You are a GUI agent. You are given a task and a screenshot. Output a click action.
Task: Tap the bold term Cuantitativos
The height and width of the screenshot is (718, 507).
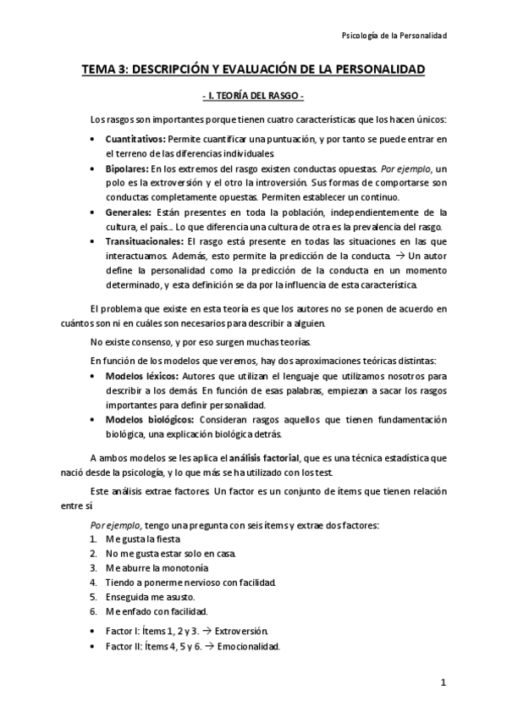pos(135,138)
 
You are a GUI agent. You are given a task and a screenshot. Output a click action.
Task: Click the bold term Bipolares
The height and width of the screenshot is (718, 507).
pos(128,169)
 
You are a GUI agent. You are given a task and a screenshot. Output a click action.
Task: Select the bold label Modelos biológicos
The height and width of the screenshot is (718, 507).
pos(150,419)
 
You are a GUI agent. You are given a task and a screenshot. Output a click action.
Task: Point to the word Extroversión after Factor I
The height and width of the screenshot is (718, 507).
pos(241,631)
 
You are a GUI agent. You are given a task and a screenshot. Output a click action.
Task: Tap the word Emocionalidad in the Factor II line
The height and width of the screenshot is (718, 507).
pos(249,646)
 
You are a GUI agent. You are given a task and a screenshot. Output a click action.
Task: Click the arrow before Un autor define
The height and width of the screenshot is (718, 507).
pos(399,257)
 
